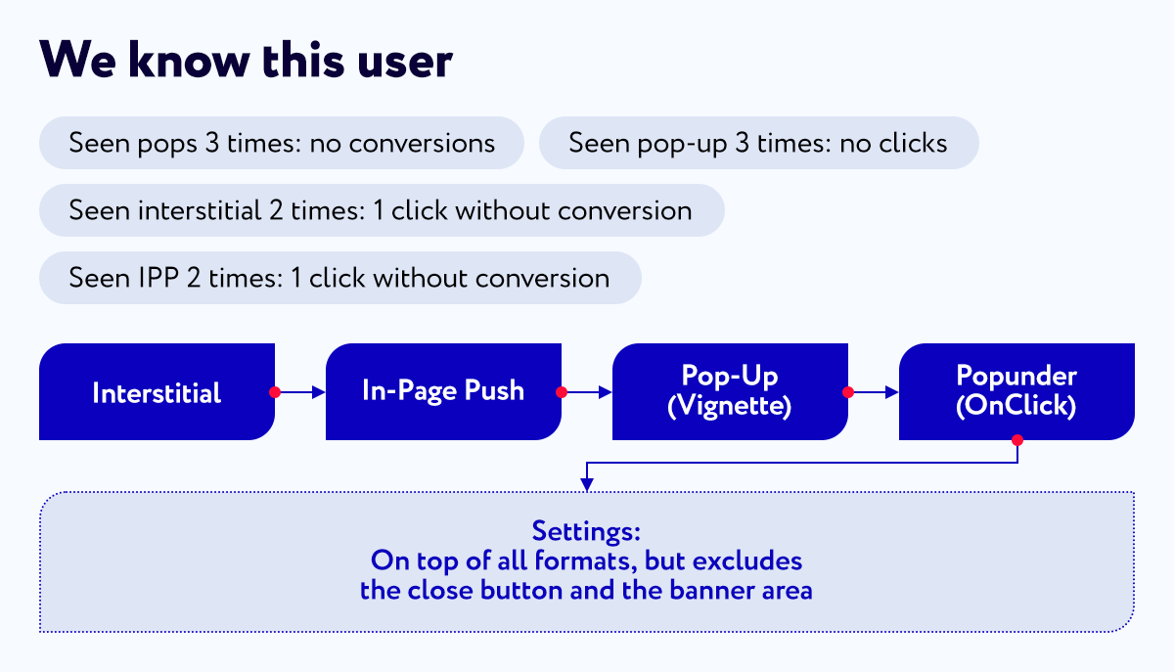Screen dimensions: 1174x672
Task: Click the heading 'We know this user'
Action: point(246,61)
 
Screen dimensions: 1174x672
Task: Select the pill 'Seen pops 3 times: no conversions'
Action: point(282,143)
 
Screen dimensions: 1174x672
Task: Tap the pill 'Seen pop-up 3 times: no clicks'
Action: point(758,143)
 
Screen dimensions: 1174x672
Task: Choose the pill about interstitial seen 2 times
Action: point(382,210)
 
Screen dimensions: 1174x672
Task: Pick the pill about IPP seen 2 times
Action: point(340,278)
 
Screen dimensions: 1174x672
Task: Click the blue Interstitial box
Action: point(157,391)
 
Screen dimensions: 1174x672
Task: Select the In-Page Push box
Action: point(443,391)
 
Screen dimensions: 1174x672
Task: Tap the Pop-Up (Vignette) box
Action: point(730,391)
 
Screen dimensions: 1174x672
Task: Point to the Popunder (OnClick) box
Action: point(1016,391)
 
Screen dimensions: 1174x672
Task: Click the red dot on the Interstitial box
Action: point(275,392)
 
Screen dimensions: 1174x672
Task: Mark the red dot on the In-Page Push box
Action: point(562,392)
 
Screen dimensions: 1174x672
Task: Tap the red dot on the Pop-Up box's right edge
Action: point(848,392)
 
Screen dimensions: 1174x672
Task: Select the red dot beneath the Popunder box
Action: point(1017,440)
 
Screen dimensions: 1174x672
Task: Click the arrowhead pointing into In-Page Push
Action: point(319,392)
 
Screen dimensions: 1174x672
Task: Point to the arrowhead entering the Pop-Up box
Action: point(606,392)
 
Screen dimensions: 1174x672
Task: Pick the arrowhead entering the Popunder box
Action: point(892,392)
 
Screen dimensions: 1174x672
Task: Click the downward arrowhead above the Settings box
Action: point(587,484)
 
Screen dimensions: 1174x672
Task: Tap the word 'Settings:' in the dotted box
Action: point(586,531)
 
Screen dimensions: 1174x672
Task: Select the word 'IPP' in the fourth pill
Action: point(158,278)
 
